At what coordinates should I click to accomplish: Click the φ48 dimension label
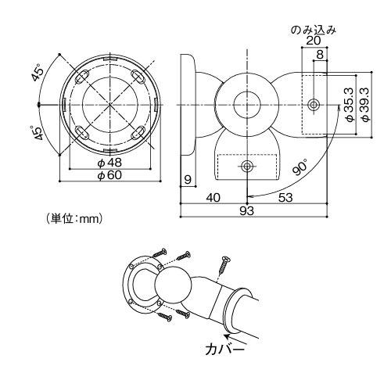[x=109, y=163]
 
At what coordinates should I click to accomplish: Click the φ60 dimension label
[x=109, y=175]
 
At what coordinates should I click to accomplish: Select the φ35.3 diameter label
[x=350, y=105]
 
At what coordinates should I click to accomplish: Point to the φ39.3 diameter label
[x=365, y=104]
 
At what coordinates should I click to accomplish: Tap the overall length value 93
[x=246, y=210]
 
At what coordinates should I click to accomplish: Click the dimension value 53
[x=285, y=198]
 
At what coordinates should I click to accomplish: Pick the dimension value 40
[x=213, y=198]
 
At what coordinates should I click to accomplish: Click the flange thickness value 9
[x=188, y=180]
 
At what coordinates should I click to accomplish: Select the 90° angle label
[x=300, y=168]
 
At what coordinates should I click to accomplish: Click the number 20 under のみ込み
[x=314, y=41]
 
